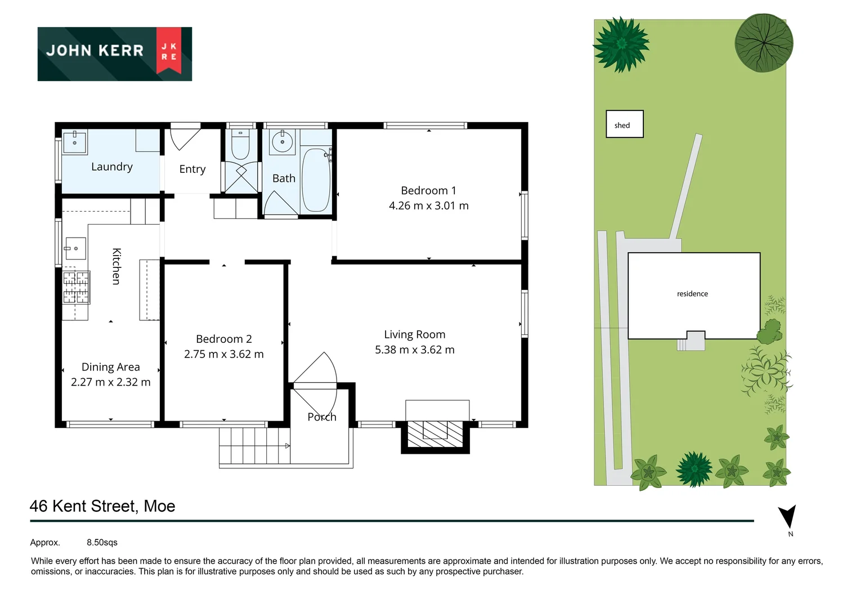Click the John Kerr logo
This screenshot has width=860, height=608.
tap(115, 53)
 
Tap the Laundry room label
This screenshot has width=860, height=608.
tap(112, 167)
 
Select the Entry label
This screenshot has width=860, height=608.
tap(192, 169)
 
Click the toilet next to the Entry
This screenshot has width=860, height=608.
tap(240, 145)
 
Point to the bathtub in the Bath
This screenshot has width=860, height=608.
tap(316, 180)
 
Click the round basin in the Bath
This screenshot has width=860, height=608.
tap(282, 141)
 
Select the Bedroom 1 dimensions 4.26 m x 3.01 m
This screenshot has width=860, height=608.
tap(428, 206)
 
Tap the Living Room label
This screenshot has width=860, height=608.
tap(415, 334)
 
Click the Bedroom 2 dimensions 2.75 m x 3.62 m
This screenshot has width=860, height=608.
tap(223, 354)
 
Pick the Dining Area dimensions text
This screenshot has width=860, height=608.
tap(111, 382)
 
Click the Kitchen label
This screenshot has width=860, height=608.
tap(116, 266)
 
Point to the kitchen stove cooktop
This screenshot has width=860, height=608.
tap(75, 287)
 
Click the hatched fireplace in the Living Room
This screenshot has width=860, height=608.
tap(435, 434)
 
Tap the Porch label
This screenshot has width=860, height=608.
tap(322, 417)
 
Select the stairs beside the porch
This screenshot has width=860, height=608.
tap(254, 445)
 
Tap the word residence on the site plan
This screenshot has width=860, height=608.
tap(692, 294)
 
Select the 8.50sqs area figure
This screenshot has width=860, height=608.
tap(102, 543)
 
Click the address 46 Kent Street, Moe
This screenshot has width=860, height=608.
tap(102, 506)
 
